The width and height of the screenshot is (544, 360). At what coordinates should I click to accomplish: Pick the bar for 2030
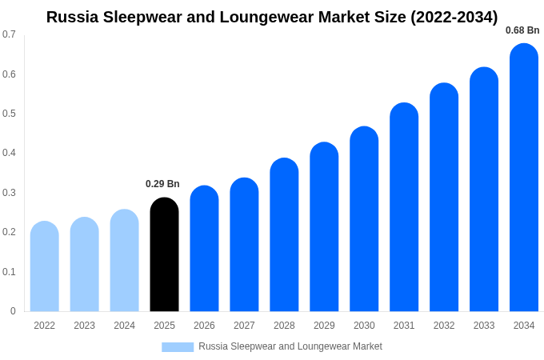tap(364, 219)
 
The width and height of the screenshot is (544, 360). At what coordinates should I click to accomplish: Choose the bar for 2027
tap(244, 245)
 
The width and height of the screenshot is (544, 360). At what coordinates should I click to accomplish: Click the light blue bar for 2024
tap(124, 261)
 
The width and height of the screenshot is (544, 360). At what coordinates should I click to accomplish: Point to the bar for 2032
tap(444, 198)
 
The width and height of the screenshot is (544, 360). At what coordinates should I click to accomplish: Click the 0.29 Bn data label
tap(162, 184)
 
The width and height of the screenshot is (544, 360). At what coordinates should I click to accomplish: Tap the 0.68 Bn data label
tap(522, 30)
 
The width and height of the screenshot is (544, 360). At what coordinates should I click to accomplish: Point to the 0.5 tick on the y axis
tap(9, 114)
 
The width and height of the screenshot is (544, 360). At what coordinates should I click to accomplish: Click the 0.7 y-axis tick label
tap(9, 34)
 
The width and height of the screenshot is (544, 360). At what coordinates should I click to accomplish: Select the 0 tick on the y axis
tap(13, 311)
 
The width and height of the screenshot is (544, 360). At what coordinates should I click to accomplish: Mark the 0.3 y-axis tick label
tap(9, 193)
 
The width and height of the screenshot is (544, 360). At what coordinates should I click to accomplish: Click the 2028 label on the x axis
tap(284, 326)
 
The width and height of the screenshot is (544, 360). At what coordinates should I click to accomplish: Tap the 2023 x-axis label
tap(84, 326)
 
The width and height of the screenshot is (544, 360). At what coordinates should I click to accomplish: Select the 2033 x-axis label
tap(484, 326)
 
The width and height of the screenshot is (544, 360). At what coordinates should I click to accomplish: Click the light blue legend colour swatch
tap(178, 347)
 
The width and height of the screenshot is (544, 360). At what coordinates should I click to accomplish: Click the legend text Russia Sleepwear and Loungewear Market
tap(290, 346)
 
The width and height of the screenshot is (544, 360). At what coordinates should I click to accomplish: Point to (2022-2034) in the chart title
tap(454, 17)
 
